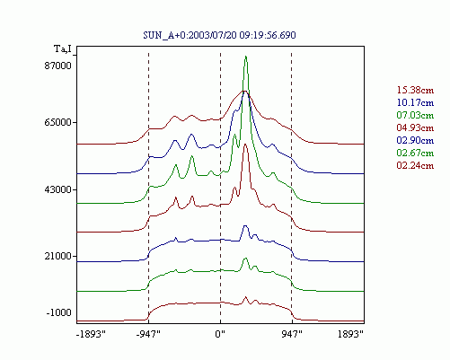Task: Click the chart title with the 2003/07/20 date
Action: pos(219,35)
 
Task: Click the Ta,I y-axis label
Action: pos(63,48)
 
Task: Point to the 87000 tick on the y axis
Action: pos(58,66)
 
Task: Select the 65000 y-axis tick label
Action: pos(58,122)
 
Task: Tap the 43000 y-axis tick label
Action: pos(58,189)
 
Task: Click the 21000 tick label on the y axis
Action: pos(58,256)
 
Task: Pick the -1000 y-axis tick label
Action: pos(59,312)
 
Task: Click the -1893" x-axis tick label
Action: pos(91,334)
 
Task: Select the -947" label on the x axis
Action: pos(148,334)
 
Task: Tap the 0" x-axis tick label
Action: pos(220,334)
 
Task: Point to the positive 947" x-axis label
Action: pos(292,334)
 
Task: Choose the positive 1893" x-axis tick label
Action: pos(350,334)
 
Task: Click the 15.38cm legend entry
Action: pos(415,90)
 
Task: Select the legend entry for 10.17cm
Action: pos(415,102)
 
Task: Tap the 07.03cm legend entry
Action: pos(415,115)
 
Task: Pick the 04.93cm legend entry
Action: pos(415,127)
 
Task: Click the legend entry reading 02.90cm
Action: pos(415,140)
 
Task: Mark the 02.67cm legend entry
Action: pos(415,153)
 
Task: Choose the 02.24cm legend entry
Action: pos(415,165)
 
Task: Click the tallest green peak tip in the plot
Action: pos(246,56)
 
